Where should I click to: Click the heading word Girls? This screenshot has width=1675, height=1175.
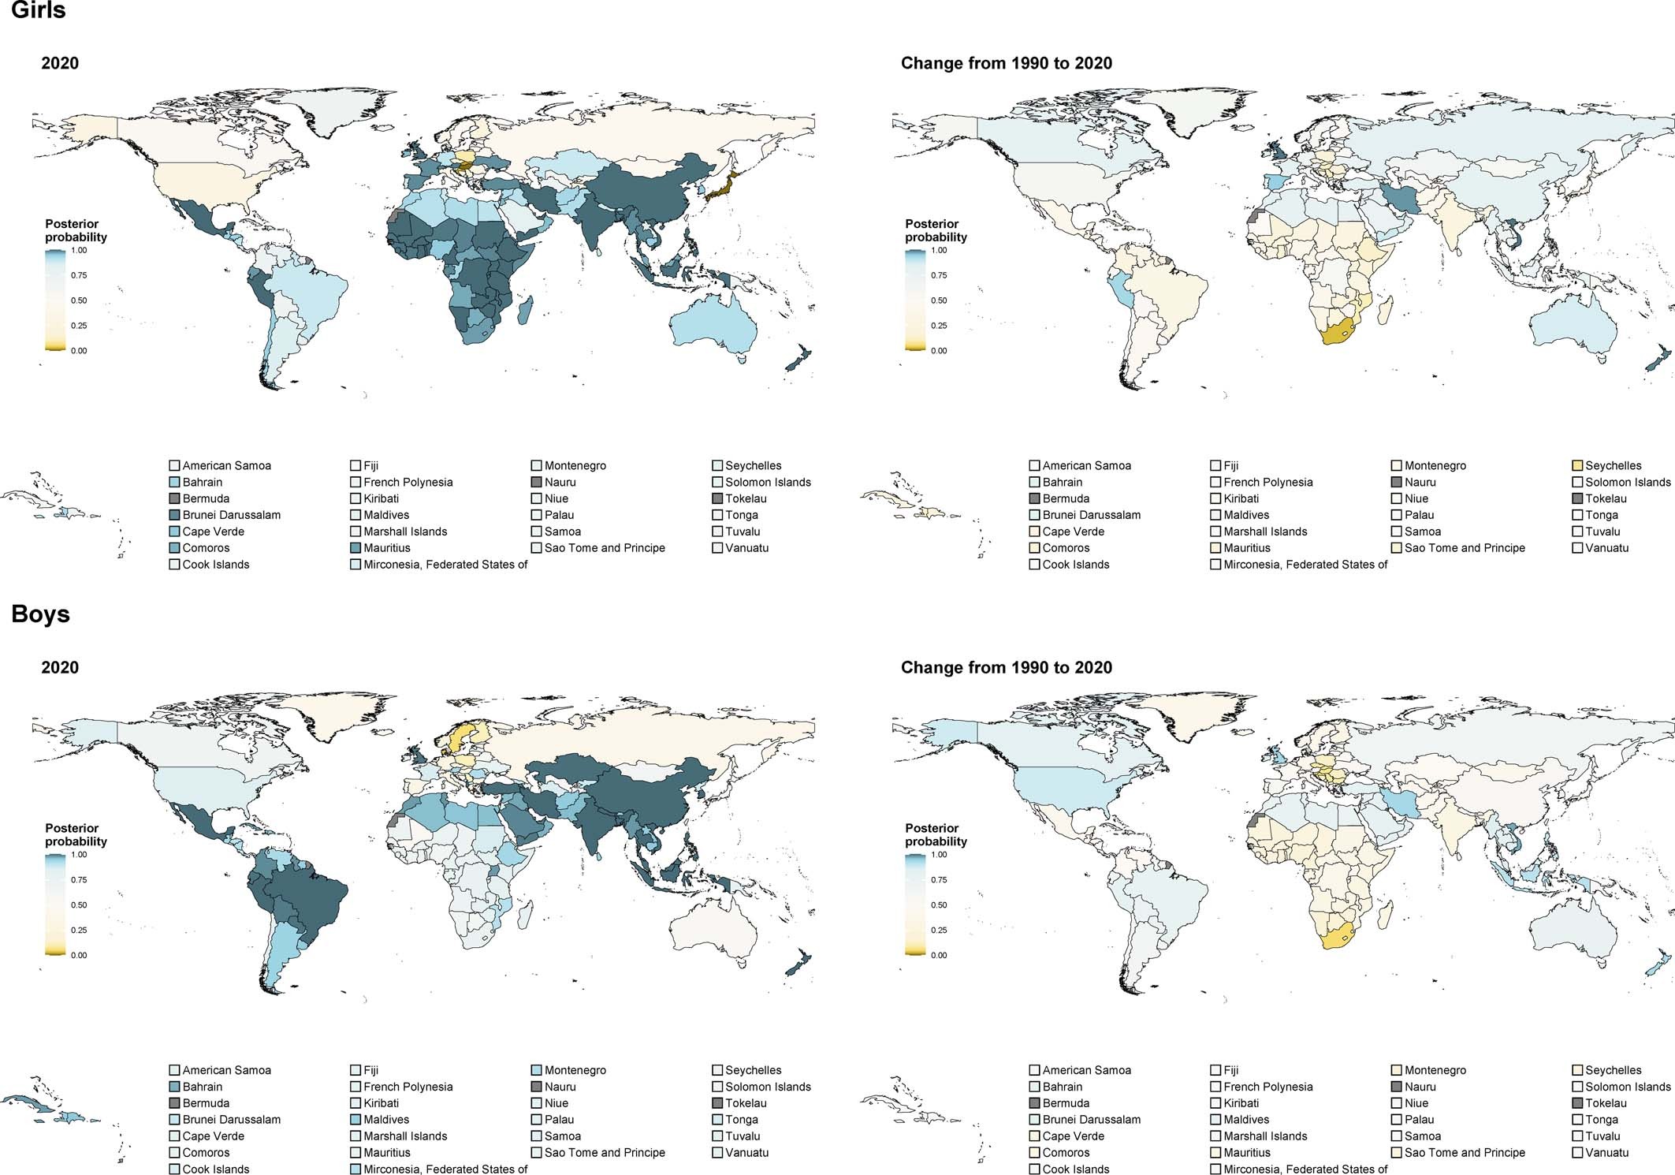(x=38, y=11)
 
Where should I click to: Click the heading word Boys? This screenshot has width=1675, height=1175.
(x=40, y=614)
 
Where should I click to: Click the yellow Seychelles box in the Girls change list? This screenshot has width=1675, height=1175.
(x=1577, y=466)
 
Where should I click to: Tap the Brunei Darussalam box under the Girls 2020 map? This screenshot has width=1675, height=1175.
(x=175, y=516)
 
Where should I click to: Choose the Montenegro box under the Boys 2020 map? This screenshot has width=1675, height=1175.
(x=537, y=1071)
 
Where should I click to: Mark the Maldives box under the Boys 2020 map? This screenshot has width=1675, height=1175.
(x=356, y=1120)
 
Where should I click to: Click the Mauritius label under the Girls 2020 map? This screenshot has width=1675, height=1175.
(x=386, y=548)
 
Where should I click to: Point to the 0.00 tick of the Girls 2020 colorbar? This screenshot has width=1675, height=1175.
(x=79, y=351)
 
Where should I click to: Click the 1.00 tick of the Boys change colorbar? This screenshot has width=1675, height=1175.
(x=939, y=855)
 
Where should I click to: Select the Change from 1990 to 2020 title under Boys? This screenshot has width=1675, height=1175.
(x=1006, y=668)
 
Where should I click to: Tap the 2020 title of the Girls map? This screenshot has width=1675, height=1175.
(x=60, y=64)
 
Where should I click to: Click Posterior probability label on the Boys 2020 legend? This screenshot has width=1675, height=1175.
(x=76, y=835)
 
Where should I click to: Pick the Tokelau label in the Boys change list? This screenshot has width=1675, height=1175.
(x=1606, y=1103)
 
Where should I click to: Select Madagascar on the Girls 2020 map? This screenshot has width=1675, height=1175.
(x=523, y=311)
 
